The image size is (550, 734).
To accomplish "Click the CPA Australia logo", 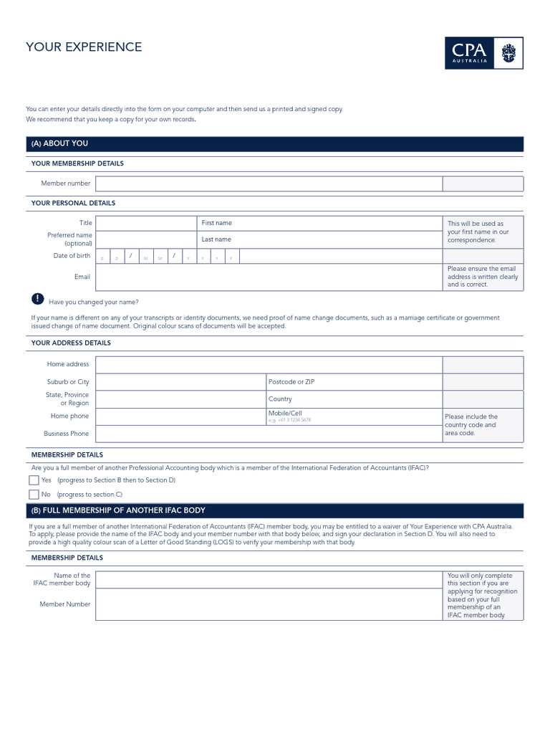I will click(483, 53).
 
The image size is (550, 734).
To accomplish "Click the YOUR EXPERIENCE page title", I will click(84, 47).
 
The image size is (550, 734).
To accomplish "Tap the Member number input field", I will click(269, 183).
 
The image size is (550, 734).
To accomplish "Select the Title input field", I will click(145, 223).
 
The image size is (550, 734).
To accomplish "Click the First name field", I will click(319, 223).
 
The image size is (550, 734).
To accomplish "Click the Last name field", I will click(319, 239).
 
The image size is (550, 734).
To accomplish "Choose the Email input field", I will click(269, 277).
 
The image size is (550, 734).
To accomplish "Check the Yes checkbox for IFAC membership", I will click(34, 480).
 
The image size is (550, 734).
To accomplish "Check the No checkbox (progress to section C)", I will click(34, 495).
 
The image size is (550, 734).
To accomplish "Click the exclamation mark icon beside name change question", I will click(37, 300).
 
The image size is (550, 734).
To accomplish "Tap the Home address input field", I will click(269, 364).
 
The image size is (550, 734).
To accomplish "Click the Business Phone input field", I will click(269, 434).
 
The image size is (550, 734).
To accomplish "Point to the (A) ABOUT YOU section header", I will click(60, 144).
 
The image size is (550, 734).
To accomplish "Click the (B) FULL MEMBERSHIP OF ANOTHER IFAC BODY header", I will click(118, 510).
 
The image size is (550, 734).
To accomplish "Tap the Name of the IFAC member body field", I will click(269, 579).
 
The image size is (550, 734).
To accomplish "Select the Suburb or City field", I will click(180, 382).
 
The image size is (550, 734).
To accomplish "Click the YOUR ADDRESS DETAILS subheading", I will click(71, 343).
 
